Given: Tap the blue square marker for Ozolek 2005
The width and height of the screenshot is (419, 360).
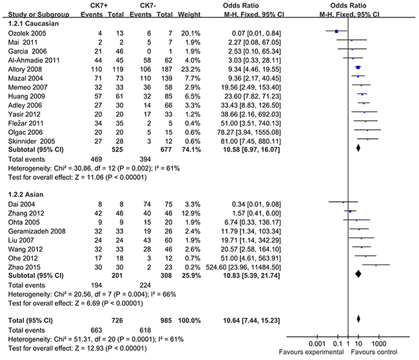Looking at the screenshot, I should [x=336, y=30].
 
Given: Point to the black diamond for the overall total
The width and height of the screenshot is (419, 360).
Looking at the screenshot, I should [x=358, y=318].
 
